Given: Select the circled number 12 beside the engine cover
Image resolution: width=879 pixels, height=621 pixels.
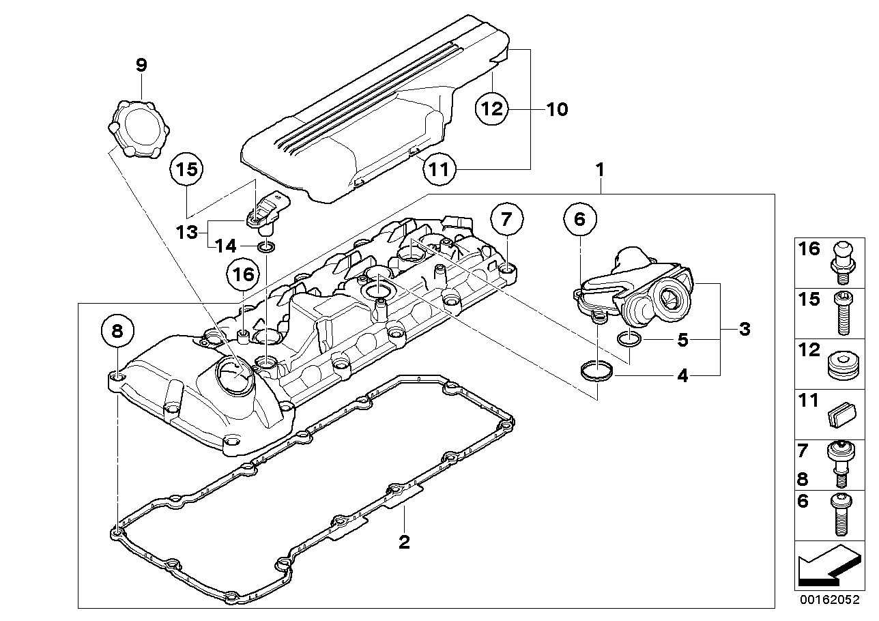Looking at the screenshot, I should point(493,108).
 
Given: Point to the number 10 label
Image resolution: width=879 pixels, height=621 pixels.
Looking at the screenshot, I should point(557,109).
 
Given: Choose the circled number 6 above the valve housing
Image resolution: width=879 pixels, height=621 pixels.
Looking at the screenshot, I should point(580,220).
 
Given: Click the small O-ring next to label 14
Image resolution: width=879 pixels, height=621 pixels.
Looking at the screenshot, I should point(267,246).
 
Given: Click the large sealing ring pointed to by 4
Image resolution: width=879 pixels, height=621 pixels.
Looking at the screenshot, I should point(596,372).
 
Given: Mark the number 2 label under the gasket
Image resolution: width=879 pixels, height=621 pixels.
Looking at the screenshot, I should point(404,543).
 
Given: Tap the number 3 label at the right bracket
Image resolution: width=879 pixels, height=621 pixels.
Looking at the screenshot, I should point(745,330).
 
